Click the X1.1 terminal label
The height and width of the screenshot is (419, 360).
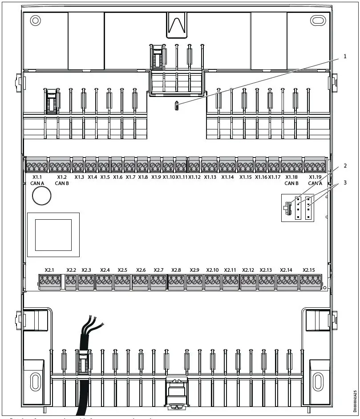click(x=37, y=177)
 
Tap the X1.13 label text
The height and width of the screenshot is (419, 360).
click(x=210, y=177)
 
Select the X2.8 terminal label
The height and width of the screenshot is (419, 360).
click(x=176, y=270)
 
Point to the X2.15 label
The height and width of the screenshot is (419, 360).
click(x=308, y=270)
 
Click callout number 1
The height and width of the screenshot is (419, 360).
click(x=344, y=56)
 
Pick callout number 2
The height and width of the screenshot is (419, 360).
click(x=344, y=166)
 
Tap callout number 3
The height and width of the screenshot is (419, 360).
click(x=344, y=182)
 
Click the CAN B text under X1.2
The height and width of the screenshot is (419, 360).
click(x=62, y=183)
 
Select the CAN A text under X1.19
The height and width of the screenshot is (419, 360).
click(x=315, y=183)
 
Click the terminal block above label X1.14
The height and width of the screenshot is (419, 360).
click(x=227, y=166)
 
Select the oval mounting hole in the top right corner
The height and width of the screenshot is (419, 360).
click(x=318, y=20)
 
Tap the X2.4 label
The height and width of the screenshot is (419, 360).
click(x=105, y=270)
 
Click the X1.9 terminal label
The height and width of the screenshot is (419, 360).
click(x=156, y=177)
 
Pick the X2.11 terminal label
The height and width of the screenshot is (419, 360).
click(x=230, y=270)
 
